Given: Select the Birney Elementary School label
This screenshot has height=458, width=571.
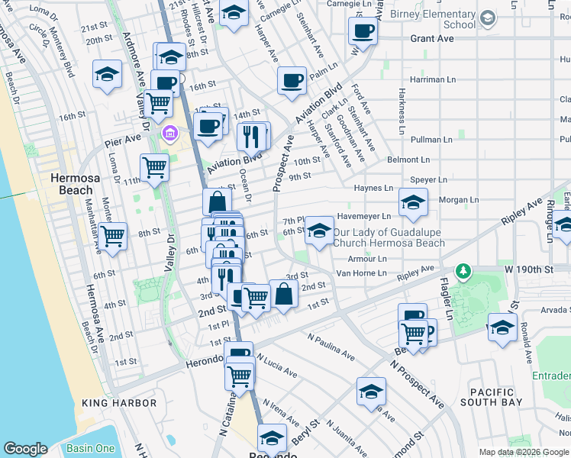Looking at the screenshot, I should tap(432, 19).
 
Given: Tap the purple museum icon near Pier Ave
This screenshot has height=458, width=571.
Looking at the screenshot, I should tap(170, 135).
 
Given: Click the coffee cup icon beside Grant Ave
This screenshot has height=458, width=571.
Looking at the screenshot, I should tap(363, 31).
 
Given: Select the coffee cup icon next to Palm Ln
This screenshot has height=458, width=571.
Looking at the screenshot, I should tap(291, 80).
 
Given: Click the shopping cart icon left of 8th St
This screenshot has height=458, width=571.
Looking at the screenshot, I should tap(113, 237).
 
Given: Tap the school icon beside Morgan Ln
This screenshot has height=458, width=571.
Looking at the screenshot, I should tap(412, 202).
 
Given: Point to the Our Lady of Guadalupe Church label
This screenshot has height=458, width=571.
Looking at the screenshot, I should tap(389, 237).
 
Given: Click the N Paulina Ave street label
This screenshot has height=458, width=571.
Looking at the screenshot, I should tap(331, 346).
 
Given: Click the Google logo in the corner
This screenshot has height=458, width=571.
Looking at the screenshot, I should tap(26, 449).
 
